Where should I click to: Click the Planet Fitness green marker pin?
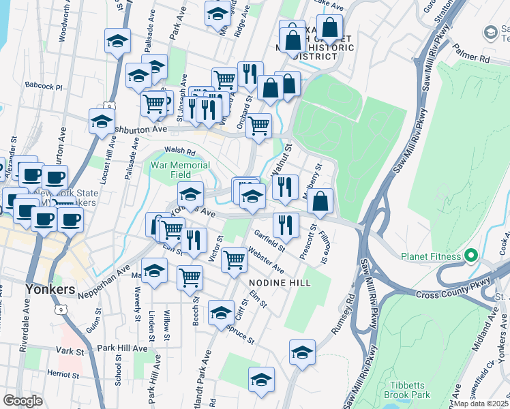pyautogui.click(x=470, y=256)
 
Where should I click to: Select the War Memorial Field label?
pyautogui.click(x=180, y=170)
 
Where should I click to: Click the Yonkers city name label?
pyautogui.click(x=50, y=289)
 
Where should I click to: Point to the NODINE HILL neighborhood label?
pyautogui.click(x=280, y=282)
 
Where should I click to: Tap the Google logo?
pyautogui.click(x=23, y=401)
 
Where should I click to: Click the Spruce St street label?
pyautogui.click(x=241, y=333)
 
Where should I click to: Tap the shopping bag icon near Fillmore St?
pyautogui.click(x=320, y=201)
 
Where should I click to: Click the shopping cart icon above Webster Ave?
pyautogui.click(x=234, y=259)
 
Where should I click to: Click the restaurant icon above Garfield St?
pyautogui.click(x=286, y=225)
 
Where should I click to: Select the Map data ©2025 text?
pyautogui.click(x=481, y=403)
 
